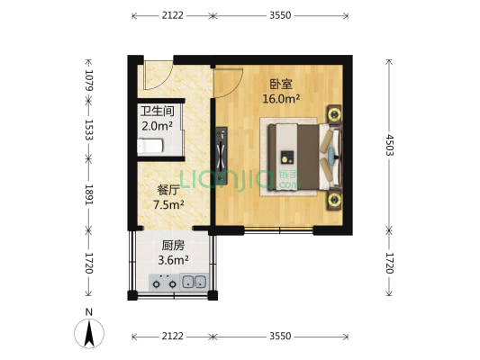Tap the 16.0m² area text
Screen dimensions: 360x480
pyautogui.click(x=281, y=99)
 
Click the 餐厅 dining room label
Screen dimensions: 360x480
pyautogui.click(x=168, y=190)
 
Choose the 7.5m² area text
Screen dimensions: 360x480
pyautogui.click(x=168, y=204)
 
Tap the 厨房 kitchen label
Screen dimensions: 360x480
pyautogui.click(x=173, y=245)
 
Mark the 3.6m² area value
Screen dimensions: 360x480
pyautogui.click(x=173, y=260)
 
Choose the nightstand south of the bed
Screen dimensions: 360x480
pyautogui.click(x=334, y=199)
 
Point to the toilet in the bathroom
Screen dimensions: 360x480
pyautogui.click(x=153, y=146)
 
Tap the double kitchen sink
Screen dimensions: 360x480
pyautogui.click(x=193, y=283)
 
